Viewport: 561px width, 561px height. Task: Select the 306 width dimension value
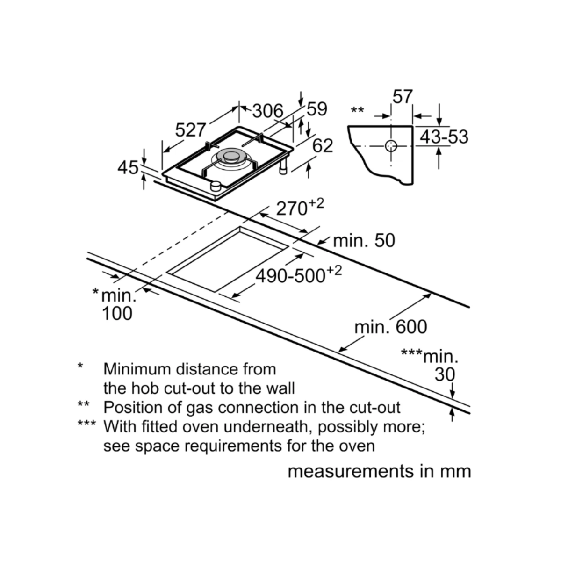[268, 111]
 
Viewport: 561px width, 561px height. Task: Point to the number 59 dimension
[317, 109]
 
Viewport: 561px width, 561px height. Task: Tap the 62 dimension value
[323, 146]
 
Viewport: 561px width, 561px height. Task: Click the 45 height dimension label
[128, 167]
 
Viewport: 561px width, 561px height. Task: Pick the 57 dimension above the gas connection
[403, 97]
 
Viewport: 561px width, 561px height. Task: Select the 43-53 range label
[444, 137]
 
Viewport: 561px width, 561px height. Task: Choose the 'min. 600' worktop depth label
[391, 327]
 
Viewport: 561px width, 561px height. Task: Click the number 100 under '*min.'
[117, 313]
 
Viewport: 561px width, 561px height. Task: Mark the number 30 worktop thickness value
[445, 374]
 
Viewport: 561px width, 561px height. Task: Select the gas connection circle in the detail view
[390, 146]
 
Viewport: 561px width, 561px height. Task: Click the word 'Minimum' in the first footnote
[137, 369]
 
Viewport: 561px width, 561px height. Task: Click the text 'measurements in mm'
[379, 471]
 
